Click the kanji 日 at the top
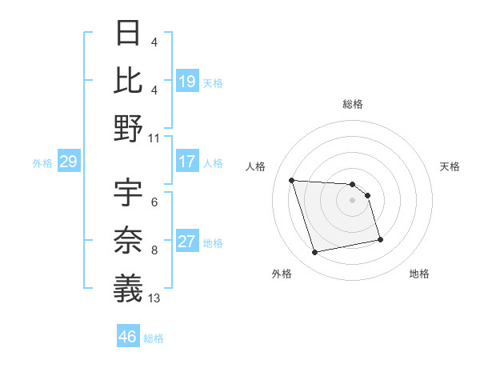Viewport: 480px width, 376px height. point(129,34)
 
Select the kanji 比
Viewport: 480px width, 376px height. point(129,80)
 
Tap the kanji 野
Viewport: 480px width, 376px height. point(129,127)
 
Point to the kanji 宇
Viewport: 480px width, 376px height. point(129,193)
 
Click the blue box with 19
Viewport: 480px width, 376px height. point(187,82)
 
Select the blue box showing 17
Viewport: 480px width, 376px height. point(187,162)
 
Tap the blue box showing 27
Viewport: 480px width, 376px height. point(187,242)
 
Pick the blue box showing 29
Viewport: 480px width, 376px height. point(68,162)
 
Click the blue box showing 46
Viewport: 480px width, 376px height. point(128,337)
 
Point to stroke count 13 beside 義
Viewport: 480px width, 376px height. point(154,298)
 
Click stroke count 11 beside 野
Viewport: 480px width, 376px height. point(154,138)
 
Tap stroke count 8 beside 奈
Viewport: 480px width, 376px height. point(154,250)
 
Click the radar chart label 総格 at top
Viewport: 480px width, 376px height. point(352,104)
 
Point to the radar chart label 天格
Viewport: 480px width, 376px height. point(450,166)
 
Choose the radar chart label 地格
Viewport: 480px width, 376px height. point(419,274)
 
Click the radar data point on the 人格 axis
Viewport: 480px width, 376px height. point(292,180)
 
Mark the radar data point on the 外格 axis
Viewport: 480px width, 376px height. point(315,253)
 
